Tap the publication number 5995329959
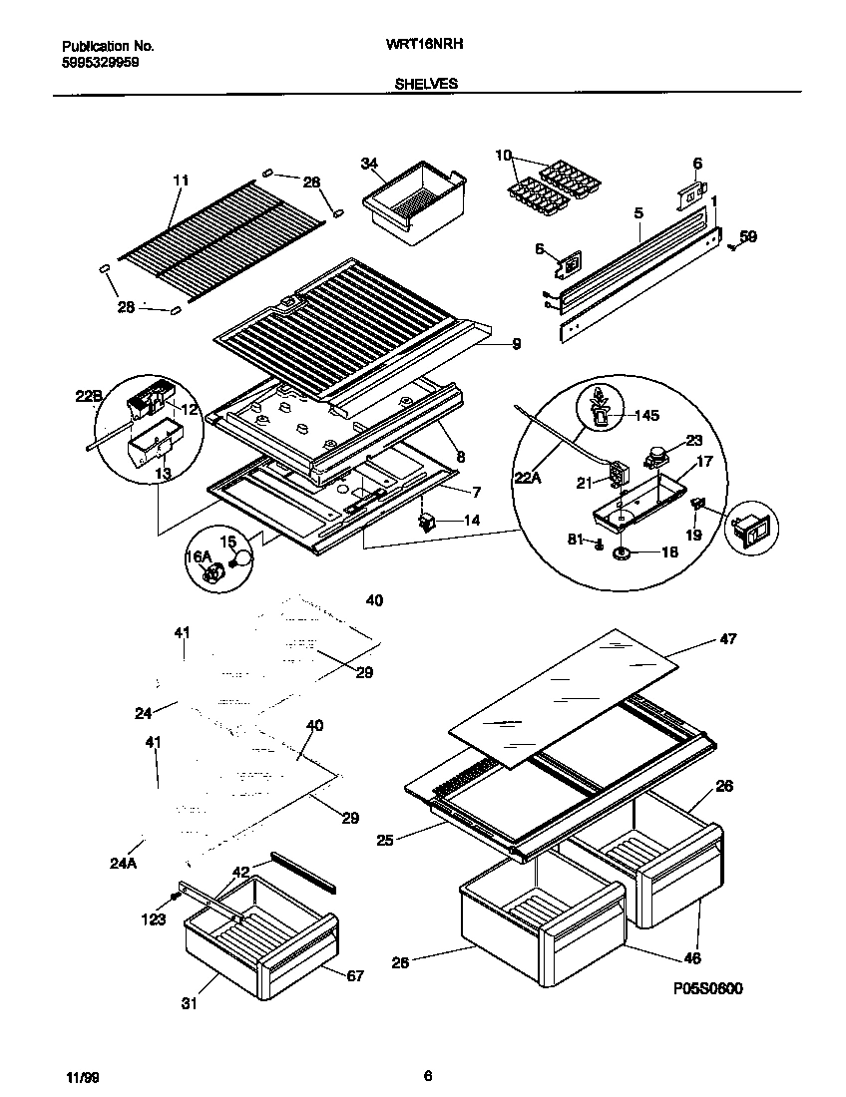[x=99, y=61]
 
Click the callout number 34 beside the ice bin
[x=369, y=164]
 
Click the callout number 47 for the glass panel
[x=727, y=638]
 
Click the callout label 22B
[x=89, y=398]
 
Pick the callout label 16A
[x=200, y=555]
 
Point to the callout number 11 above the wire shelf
[x=180, y=181]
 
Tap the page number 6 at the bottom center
[x=427, y=1075]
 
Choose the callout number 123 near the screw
[x=153, y=919]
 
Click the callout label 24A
[x=123, y=864]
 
